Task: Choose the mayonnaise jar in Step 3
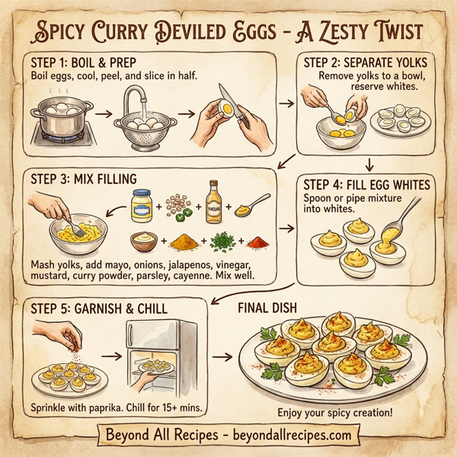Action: tap(142, 206)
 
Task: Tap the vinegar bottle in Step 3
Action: tap(215, 200)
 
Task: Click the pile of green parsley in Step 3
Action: tap(221, 243)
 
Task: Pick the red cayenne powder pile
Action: tap(259, 244)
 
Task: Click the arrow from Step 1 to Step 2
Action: tap(286, 101)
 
